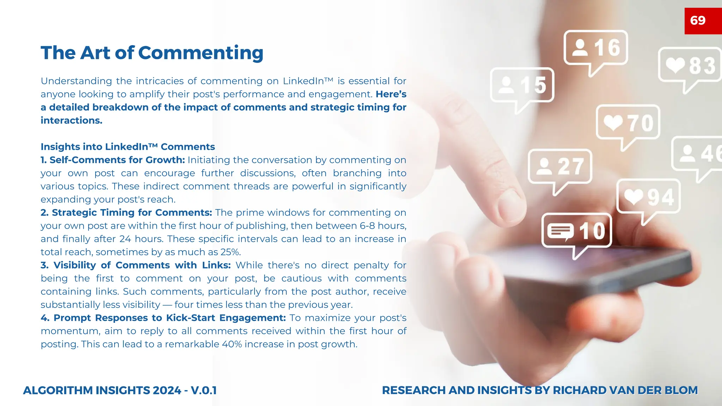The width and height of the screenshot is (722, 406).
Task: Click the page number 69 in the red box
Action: (698, 20)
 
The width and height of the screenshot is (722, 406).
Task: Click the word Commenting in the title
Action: (201, 53)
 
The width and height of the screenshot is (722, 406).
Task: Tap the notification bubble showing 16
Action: (596, 48)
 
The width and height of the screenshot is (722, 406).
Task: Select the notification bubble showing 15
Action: (522, 85)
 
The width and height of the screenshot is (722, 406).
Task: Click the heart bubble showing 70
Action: (628, 123)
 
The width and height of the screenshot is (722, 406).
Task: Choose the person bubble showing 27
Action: (560, 167)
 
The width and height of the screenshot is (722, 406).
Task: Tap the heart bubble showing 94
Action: (648, 197)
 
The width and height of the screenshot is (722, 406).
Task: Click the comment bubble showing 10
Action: (577, 231)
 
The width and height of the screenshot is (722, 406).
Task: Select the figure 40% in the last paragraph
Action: (232, 344)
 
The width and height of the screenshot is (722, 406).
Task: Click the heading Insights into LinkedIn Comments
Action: (128, 147)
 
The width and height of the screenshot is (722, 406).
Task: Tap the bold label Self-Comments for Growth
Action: (113, 160)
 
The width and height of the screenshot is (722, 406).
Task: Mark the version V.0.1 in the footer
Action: (204, 390)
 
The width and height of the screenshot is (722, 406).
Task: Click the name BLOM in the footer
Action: (681, 390)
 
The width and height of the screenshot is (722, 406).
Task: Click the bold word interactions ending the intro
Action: (71, 121)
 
